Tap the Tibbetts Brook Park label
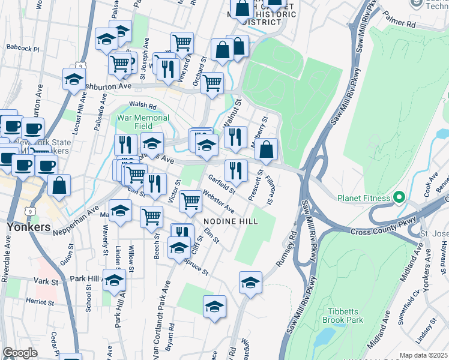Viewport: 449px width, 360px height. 345,316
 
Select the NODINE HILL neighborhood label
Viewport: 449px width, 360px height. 230,221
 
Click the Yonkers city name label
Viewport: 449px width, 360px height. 28,227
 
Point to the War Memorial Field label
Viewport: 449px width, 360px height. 143,122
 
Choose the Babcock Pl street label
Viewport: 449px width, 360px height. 22,47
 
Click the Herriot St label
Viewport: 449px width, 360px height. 40,301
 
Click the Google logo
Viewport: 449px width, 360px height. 20,353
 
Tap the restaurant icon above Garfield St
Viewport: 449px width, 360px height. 236,170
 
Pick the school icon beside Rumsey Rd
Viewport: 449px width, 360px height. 250,282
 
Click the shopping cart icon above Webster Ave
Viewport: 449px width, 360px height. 190,201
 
